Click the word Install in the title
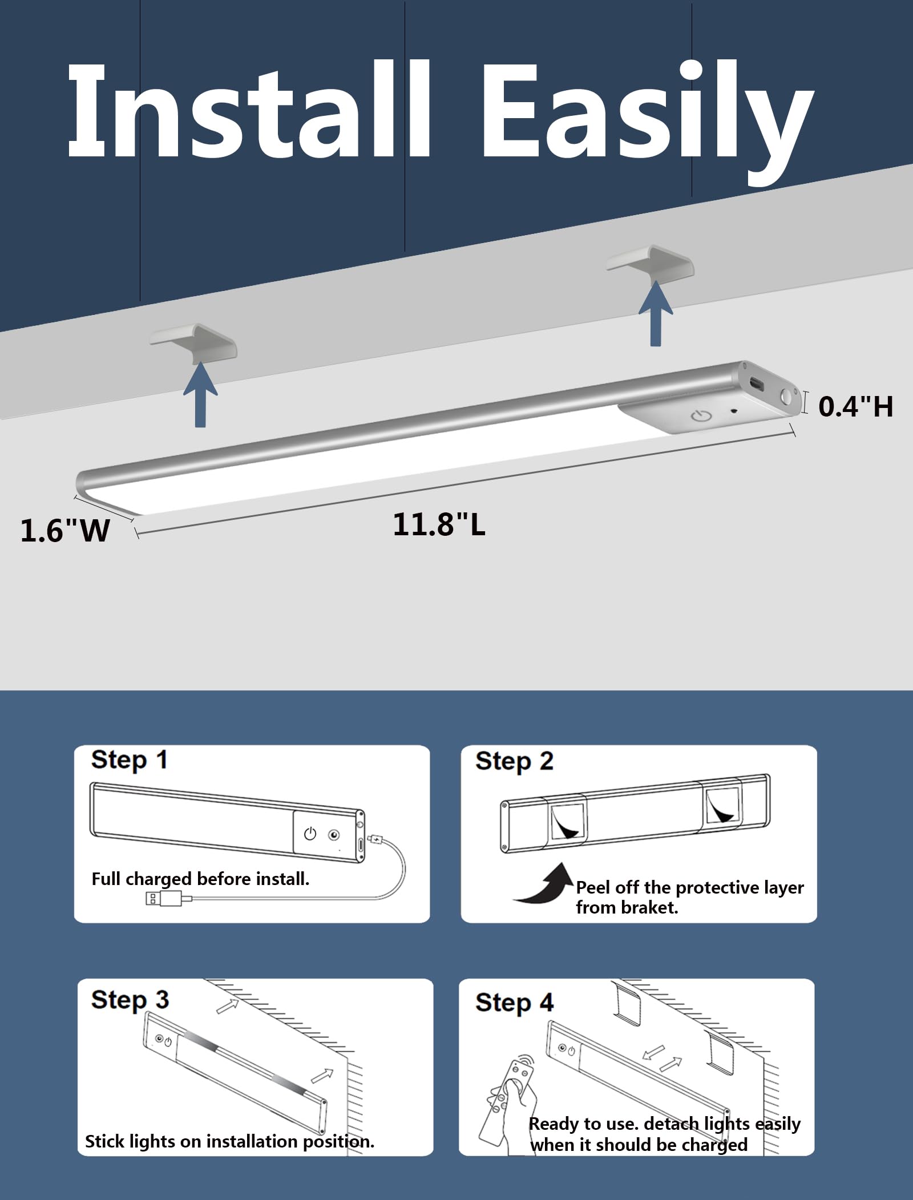[x=249, y=110]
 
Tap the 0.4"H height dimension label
[x=855, y=406]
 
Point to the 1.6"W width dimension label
[x=65, y=530]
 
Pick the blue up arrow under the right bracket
[x=656, y=313]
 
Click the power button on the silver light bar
[x=701, y=415]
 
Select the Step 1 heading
[x=129, y=761]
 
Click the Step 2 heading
[x=514, y=762]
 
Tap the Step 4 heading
[x=514, y=1003]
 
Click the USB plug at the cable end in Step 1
[x=164, y=899]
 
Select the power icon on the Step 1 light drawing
[x=310, y=834]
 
